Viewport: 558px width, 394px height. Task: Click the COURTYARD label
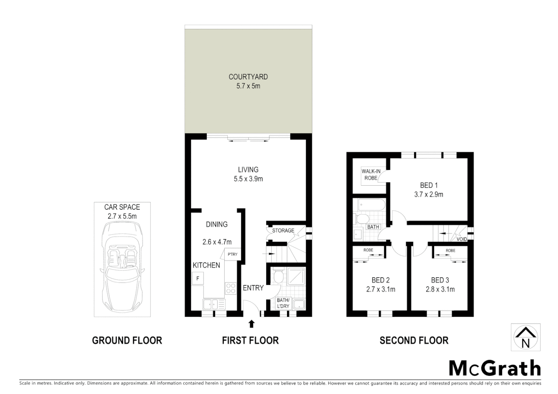pos(248,77)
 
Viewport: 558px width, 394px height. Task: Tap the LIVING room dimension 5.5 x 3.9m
pos(248,179)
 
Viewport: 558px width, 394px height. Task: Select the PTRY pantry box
pos(232,254)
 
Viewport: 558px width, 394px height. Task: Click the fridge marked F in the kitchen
pos(198,278)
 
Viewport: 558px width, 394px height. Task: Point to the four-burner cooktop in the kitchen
pos(230,289)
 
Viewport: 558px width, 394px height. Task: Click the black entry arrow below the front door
pos(251,324)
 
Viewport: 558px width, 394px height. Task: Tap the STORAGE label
pos(283,231)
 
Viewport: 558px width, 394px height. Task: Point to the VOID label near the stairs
pos(462,239)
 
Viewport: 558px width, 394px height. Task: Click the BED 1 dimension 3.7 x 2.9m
pos(428,194)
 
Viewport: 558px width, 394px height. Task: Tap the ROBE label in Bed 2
pos(368,251)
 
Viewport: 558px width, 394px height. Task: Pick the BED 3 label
pos(440,280)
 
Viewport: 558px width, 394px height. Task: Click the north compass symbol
pos(525,337)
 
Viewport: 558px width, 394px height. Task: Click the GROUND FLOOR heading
pos(127,340)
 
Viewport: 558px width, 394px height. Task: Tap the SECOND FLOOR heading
pos(414,340)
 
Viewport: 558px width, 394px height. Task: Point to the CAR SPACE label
pos(122,207)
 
